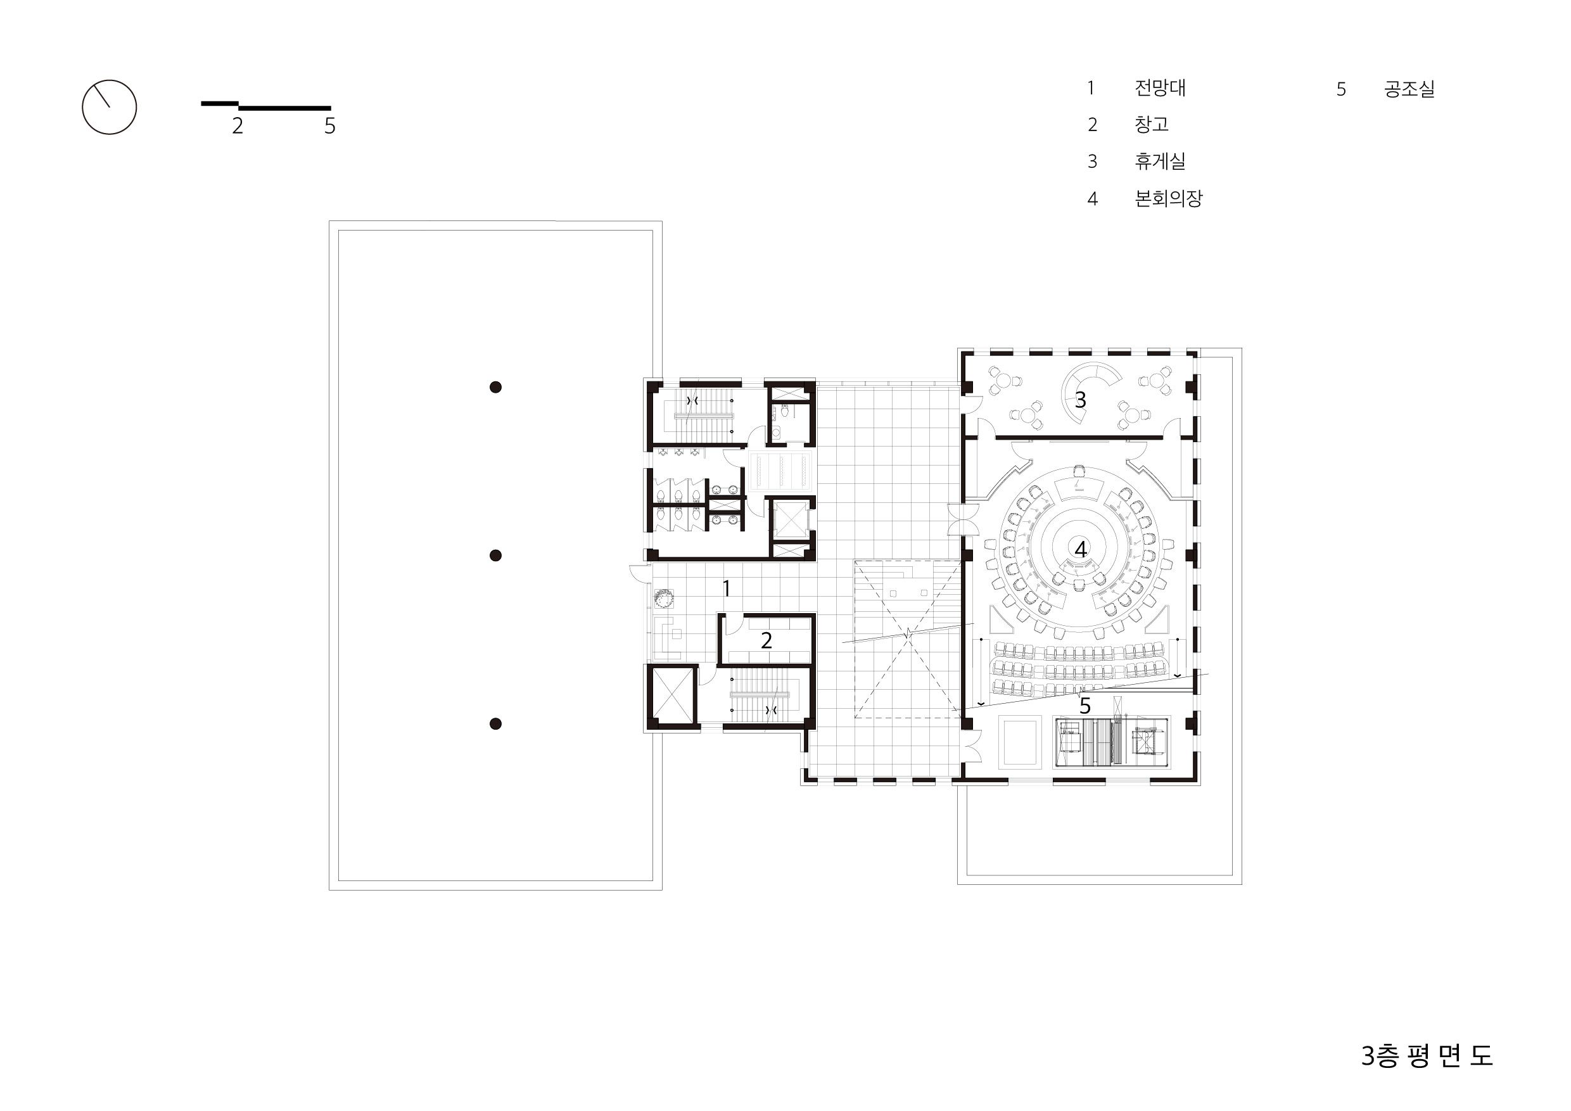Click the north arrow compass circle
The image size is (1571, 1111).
[82, 106]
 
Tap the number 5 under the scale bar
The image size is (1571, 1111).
[330, 126]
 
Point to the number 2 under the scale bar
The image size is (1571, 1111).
[238, 126]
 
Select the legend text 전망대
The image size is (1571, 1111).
[1160, 88]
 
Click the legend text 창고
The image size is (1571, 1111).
[1152, 125]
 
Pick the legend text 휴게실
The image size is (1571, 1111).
[1160, 162]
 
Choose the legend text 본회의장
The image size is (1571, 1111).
[1168, 198]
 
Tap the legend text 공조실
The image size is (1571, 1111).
[1409, 89]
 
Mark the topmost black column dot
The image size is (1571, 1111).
[495, 387]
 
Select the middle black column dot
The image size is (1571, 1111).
[495, 555]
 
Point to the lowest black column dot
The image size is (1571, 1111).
[495, 724]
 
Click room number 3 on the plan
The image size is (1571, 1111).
[1081, 400]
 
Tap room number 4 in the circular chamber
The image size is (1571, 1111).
[1081, 549]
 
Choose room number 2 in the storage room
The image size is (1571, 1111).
[766, 640]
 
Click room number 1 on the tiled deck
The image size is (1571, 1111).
[727, 588]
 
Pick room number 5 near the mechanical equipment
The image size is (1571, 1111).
[1085, 706]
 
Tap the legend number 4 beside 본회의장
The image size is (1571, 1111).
[1093, 199]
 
